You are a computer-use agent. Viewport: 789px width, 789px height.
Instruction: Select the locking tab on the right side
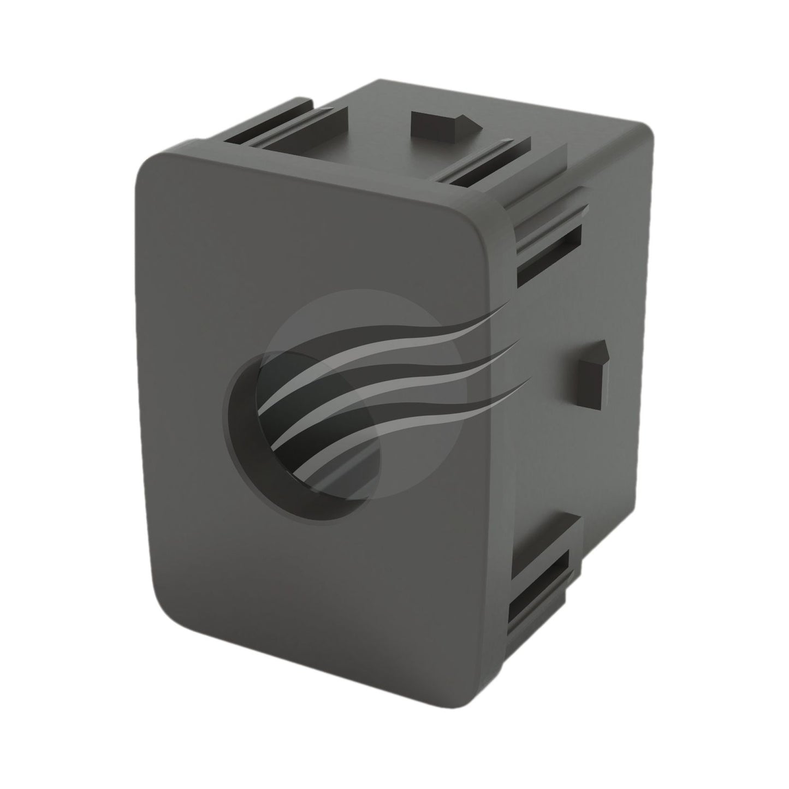[x=591, y=377]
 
